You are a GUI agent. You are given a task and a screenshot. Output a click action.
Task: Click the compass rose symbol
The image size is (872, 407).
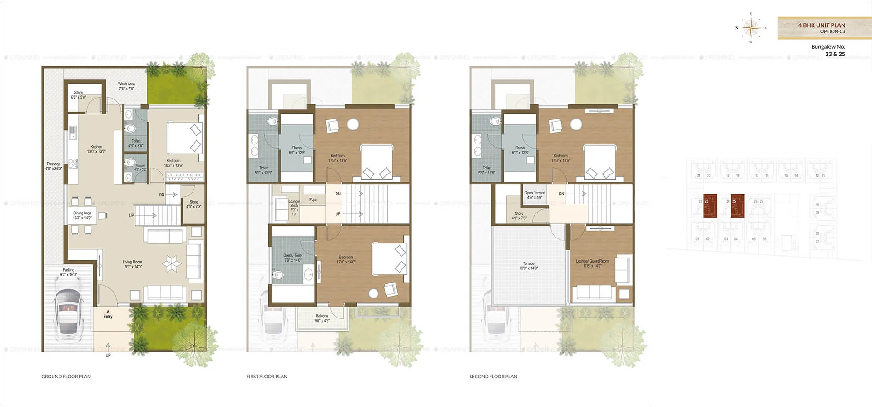click(751, 28)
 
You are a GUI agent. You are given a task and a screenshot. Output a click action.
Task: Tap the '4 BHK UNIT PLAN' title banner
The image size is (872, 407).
click(822, 28)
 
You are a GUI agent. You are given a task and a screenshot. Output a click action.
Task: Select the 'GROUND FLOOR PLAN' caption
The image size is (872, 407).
click(66, 377)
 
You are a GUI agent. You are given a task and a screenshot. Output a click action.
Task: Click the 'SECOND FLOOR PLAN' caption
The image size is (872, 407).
click(493, 377)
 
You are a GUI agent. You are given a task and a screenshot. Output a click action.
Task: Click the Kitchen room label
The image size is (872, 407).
click(96, 149)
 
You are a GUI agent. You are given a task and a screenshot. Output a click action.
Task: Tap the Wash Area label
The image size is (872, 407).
click(126, 86)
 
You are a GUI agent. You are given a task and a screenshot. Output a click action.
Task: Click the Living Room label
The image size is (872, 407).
click(132, 264)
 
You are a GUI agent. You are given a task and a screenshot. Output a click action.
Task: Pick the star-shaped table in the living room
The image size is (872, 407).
click(172, 264)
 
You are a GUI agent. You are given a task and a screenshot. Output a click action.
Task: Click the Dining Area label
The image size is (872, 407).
click(82, 215)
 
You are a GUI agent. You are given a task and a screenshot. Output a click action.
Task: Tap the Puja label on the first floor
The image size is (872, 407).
click(313, 199)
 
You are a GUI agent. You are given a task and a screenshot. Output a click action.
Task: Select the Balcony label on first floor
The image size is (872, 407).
click(322, 318)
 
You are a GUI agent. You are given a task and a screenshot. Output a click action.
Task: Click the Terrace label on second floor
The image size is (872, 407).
click(529, 266)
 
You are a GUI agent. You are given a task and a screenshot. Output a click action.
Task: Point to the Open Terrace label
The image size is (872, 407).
click(535, 195)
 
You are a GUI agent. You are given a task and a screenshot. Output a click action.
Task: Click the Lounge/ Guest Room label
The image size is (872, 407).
click(592, 263)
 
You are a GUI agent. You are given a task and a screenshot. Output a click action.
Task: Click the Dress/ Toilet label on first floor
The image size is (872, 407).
click(293, 258)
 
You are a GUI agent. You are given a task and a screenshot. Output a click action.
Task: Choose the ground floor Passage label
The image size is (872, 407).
click(54, 166)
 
